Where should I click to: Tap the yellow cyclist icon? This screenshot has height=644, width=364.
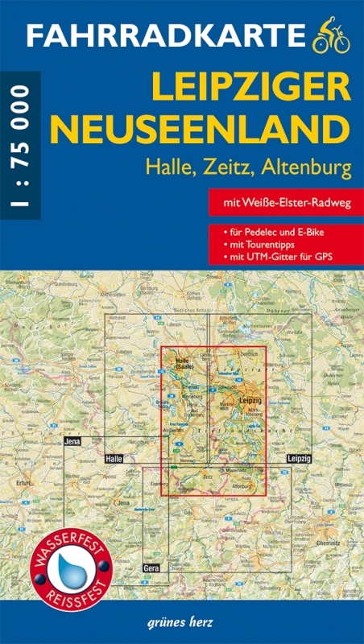(331, 34)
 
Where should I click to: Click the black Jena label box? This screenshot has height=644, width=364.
(74, 443)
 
